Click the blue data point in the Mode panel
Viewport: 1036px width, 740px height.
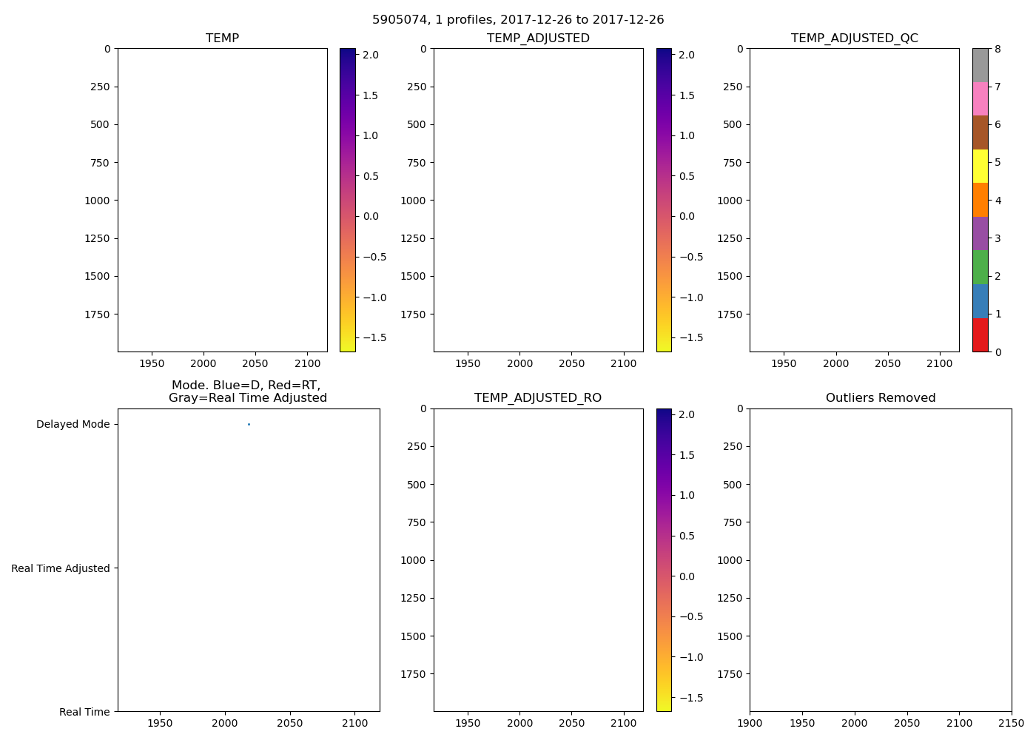249,424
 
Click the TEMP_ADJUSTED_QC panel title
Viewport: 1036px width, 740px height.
854,38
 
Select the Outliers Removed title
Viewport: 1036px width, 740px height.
881,398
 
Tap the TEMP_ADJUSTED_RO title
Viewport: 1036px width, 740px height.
538,398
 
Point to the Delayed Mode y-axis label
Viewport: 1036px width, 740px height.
73,424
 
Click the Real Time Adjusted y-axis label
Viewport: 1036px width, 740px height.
61,568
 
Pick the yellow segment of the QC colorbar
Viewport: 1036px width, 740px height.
980,166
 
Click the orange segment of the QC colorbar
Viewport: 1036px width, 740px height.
980,200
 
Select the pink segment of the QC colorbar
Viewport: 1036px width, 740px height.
980,98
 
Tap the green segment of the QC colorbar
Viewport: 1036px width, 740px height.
980,267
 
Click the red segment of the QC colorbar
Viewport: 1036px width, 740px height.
980,334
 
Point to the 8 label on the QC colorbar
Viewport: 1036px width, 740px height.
998,49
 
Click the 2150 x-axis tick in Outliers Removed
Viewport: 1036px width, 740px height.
1012,724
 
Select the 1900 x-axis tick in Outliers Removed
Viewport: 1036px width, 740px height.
750,724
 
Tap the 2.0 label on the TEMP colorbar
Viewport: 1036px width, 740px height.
371,55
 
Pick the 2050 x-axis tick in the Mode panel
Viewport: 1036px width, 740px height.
290,724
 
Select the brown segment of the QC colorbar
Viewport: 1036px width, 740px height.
980,132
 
